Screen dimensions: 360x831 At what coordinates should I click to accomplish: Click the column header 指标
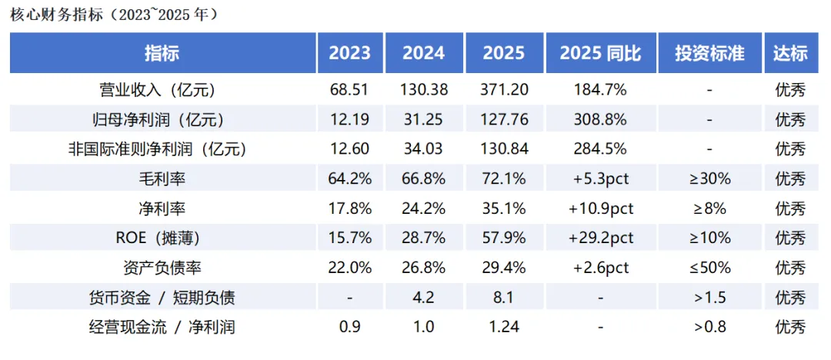tap(162, 53)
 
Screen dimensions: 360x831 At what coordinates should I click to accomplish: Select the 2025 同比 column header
tap(600, 53)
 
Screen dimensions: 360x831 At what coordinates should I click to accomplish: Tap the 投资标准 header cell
tap(709, 53)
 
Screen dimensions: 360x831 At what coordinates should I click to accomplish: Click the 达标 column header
tap(790, 53)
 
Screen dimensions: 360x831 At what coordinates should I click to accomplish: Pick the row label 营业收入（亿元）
tap(162, 90)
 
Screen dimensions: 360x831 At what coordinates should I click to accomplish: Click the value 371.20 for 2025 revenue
tap(504, 90)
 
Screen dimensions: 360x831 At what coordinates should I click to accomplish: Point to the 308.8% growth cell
tap(600, 120)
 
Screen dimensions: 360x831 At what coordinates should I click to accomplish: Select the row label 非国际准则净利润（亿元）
tap(162, 149)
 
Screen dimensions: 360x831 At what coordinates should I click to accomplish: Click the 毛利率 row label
tap(162, 179)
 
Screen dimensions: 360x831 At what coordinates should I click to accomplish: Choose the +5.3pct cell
tap(600, 179)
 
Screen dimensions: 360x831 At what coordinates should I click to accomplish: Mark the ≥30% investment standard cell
tap(709, 179)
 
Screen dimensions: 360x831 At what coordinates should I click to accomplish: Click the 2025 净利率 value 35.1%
tap(504, 208)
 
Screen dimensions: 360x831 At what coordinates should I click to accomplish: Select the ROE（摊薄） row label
tap(162, 238)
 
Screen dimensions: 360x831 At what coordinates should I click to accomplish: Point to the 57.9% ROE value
tap(504, 238)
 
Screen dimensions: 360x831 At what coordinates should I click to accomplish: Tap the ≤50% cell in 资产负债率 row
tap(709, 268)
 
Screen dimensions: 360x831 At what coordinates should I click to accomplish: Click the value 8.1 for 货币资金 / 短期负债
tap(504, 298)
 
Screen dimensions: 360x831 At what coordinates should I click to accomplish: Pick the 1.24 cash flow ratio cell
tap(504, 327)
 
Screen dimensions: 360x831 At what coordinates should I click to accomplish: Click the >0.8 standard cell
tap(709, 327)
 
